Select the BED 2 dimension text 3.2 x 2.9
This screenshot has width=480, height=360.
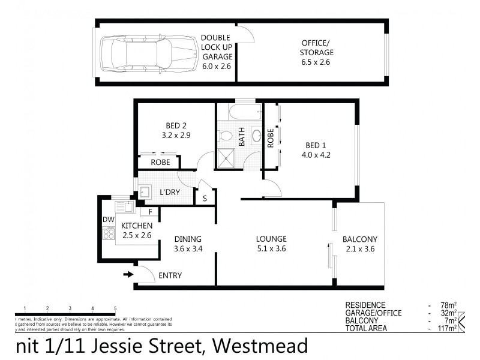point(176,136)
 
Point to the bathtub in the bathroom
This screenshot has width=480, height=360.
point(239,110)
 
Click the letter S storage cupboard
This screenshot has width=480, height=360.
point(205,197)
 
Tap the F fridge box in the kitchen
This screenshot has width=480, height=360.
point(149,211)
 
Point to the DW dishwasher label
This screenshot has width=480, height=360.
point(108,220)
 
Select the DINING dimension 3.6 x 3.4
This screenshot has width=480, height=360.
point(187,248)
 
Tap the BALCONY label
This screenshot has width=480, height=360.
point(360,239)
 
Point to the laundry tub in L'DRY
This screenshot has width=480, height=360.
point(145,192)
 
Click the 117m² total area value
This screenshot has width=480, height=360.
point(447,328)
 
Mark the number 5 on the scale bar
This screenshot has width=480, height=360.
point(115,308)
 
